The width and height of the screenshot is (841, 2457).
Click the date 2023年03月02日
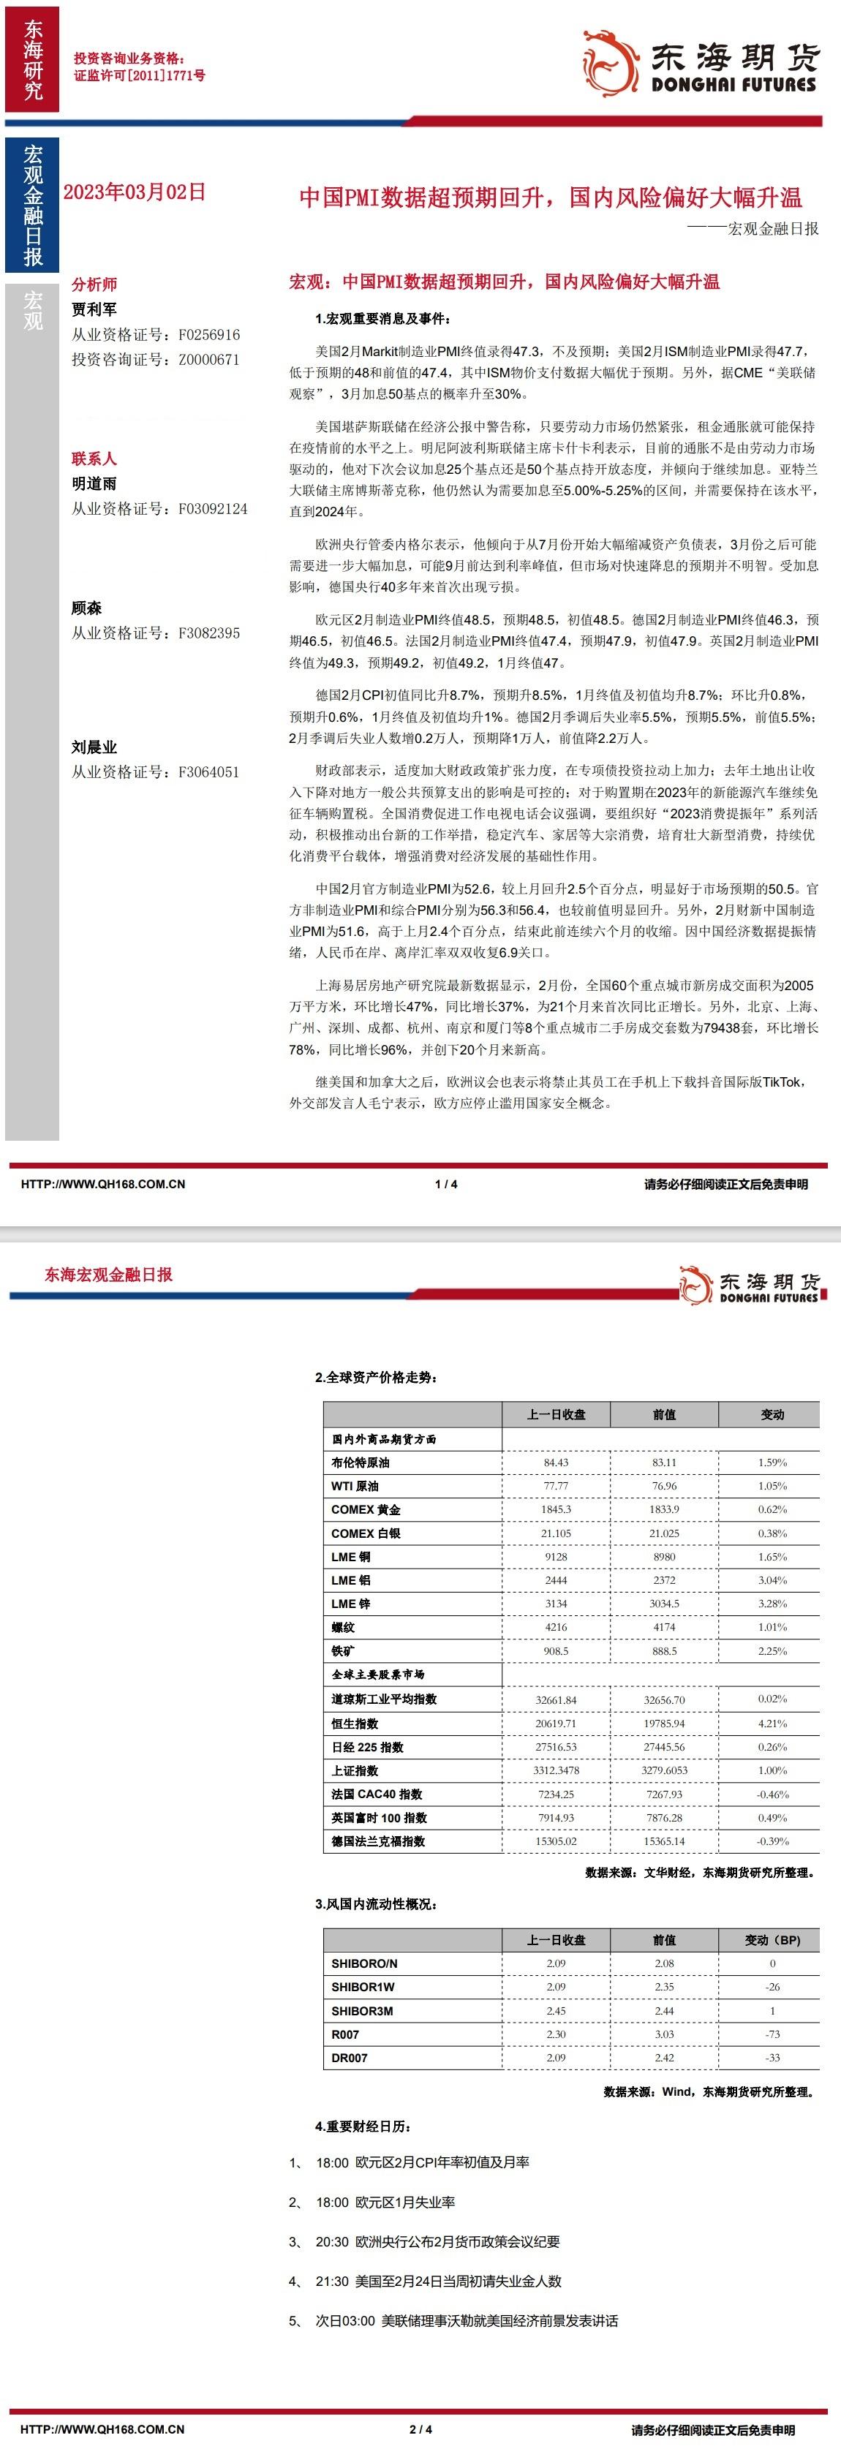pos(135,192)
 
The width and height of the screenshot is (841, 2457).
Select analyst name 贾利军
pos(94,309)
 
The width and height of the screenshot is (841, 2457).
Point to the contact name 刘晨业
pos(94,747)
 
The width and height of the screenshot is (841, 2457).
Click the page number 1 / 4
pos(445,1185)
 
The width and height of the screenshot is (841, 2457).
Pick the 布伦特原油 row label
pos(361,1462)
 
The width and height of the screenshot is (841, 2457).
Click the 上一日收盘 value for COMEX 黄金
pos(556,1509)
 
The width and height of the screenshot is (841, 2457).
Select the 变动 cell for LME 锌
pos(772,1604)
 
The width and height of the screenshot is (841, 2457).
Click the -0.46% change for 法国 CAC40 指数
pos(772,1794)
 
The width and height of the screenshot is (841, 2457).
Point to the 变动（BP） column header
pos(772,1940)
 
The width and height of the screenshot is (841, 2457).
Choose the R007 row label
pos(345,2034)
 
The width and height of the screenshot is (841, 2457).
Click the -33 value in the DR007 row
pos(772,2057)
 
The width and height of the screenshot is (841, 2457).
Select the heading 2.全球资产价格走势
pos(377,1377)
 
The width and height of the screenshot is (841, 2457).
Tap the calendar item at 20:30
pos(437,2241)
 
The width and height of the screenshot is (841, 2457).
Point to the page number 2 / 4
pos(420,2429)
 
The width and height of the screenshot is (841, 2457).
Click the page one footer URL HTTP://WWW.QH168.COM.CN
pos(103,1185)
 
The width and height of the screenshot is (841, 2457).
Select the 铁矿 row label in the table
pos(342,1651)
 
